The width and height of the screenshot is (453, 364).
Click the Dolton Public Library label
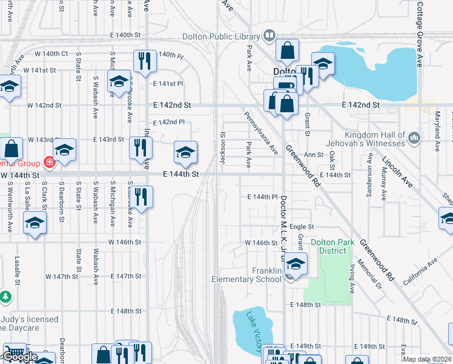tap(221, 36)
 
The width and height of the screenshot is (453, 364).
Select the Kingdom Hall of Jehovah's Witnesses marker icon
tap(414, 139)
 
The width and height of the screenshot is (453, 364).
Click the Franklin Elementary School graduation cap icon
tap(295, 265)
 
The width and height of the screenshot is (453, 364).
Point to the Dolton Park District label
tap(332, 247)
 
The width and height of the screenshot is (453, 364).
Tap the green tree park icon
tap(6, 297)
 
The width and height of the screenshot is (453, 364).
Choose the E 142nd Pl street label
tap(169, 123)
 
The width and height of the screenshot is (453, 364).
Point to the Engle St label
tap(302, 226)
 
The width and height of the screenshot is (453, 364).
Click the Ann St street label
tap(314, 155)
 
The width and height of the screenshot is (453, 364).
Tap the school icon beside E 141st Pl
tap(119, 81)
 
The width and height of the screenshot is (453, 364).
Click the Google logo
tap(19, 357)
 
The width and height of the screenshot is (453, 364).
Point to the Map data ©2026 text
tap(428, 359)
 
